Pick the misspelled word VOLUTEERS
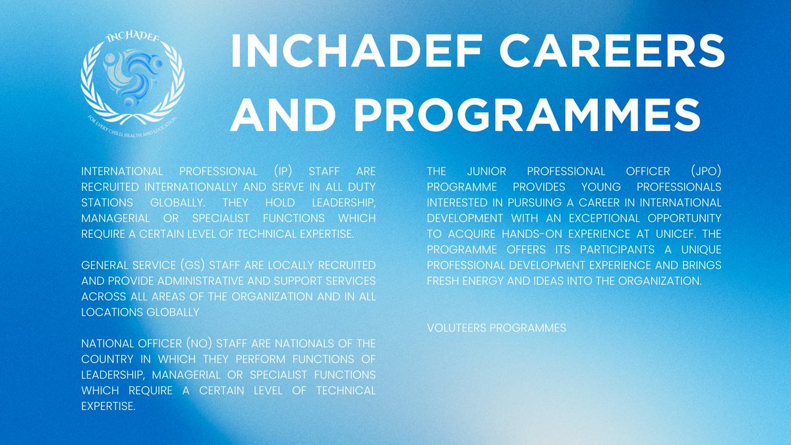(x=457, y=328)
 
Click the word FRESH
(x=443, y=281)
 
